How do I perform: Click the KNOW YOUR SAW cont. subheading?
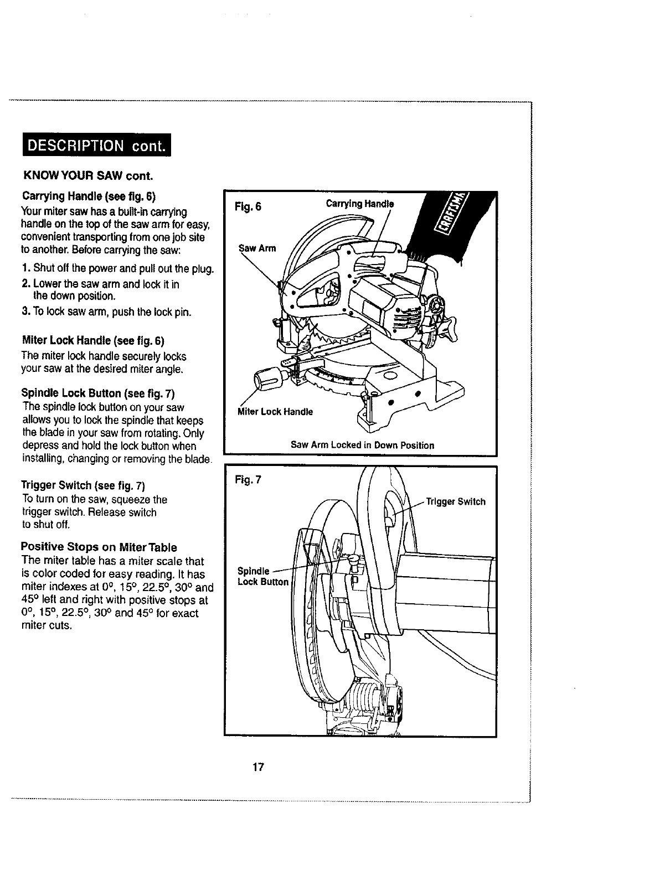(87, 177)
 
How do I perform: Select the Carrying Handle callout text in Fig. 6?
(359, 203)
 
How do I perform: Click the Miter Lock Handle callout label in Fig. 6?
(275, 412)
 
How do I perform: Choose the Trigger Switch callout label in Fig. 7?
(455, 501)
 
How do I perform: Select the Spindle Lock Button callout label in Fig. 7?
(263, 576)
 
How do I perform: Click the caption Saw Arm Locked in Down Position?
(362, 445)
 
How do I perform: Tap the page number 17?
(257, 767)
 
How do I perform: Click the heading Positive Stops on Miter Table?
(99, 547)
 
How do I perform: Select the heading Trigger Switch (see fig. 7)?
(83, 486)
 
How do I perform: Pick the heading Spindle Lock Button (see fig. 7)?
(97, 393)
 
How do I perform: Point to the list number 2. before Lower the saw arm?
(25, 284)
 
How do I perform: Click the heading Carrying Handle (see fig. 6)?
(89, 196)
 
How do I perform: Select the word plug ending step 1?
(202, 270)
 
